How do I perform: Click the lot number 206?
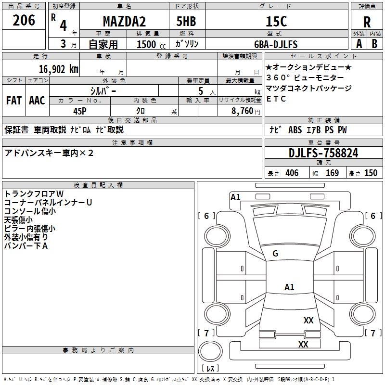tap(24, 21)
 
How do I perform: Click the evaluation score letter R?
tap(367, 23)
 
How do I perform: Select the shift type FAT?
tap(13, 100)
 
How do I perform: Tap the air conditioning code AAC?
tap(37, 100)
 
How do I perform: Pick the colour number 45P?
tap(80, 111)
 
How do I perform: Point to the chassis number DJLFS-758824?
tap(323, 153)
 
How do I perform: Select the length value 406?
tap(291, 173)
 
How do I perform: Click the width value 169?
tap(332, 173)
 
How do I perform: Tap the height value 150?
tap(371, 173)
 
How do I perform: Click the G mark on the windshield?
tap(275, 254)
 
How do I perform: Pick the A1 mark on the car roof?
tap(289, 287)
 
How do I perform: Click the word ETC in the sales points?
tap(276, 99)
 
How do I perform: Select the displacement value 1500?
tap(146, 44)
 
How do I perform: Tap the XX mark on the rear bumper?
tap(303, 344)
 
